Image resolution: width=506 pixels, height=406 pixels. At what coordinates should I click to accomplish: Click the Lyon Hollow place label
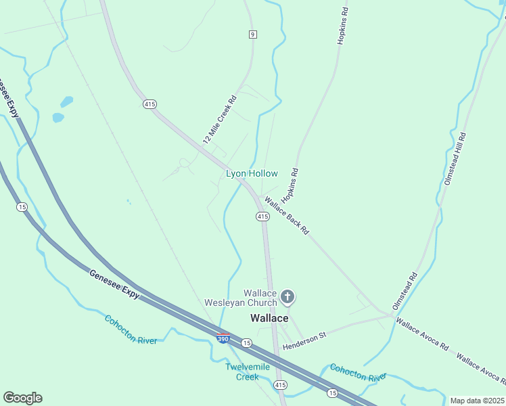point(252,174)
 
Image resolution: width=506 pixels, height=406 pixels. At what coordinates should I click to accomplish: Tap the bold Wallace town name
point(269,318)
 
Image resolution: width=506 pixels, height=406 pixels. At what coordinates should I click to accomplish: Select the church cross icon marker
point(287,296)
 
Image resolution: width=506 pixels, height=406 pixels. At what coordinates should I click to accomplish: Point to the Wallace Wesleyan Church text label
point(241,298)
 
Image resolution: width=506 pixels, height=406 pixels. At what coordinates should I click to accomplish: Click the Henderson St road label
point(304,340)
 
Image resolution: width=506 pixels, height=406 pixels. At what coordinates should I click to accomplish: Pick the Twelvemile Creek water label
point(248,371)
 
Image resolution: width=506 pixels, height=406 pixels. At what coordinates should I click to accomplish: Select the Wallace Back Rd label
point(287,215)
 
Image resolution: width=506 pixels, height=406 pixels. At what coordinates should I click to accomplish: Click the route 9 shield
point(253,34)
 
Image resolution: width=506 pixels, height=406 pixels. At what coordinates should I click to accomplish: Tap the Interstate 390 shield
point(223,338)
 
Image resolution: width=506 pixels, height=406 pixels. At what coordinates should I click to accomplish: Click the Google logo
point(22,398)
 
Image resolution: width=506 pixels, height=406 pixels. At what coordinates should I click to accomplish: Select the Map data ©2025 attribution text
point(477,401)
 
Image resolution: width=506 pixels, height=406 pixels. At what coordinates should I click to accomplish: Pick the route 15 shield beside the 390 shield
point(247,343)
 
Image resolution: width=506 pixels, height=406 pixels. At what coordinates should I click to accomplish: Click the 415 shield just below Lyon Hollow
point(263,216)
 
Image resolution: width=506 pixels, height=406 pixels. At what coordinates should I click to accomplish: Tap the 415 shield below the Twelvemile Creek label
point(281,384)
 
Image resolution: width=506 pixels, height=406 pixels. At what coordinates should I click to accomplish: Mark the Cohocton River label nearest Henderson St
point(358,372)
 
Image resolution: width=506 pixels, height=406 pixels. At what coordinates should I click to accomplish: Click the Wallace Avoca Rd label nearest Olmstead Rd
point(423,334)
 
